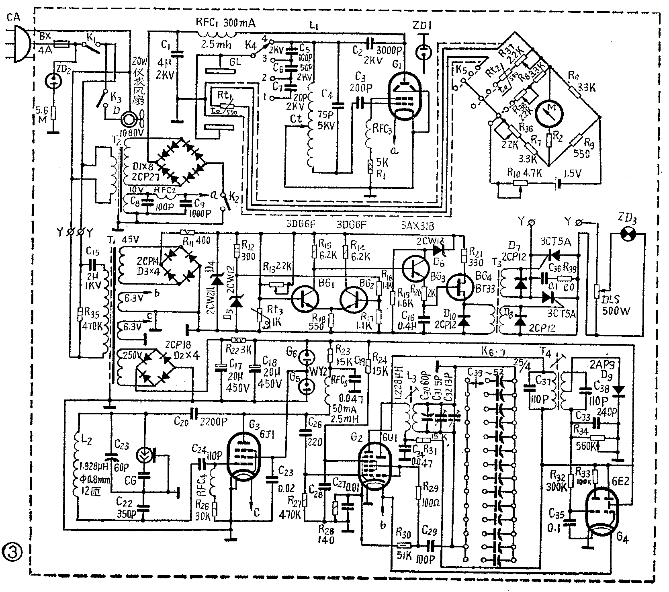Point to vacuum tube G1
(405, 98)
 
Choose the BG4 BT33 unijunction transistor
(461, 287)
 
